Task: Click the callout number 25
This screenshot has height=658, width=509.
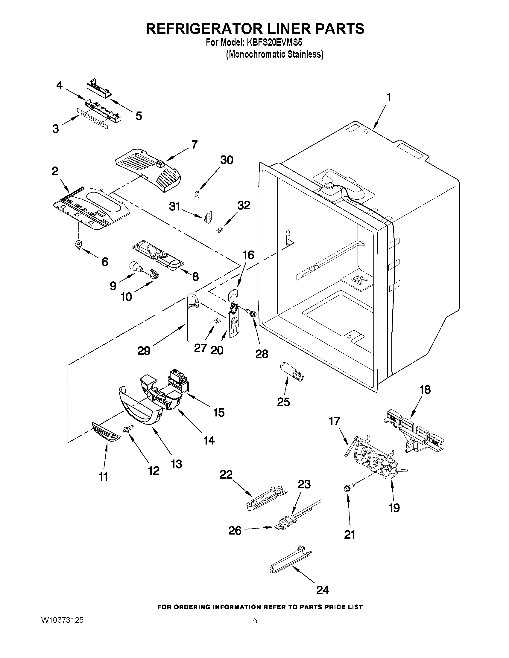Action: coord(283,402)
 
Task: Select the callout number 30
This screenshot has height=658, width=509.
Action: coord(227,160)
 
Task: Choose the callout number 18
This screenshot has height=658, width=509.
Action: coord(425,390)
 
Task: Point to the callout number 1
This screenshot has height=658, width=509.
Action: coord(389,98)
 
